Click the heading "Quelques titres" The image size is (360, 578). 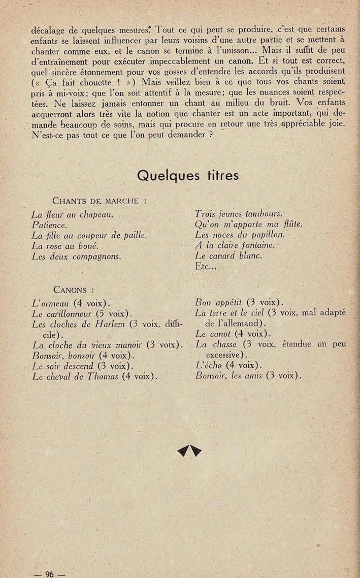[188, 175]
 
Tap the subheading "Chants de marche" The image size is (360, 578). [100, 201]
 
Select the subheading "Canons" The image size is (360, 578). [73, 290]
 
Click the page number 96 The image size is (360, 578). [49, 574]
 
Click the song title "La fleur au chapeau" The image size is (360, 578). [72, 215]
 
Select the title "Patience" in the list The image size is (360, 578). [49, 224]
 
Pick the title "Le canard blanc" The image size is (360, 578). [228, 255]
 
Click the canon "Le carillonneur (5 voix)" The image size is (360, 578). [82, 313]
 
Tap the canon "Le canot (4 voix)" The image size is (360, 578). [225, 334]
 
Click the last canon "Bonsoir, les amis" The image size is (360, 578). [248, 376]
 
